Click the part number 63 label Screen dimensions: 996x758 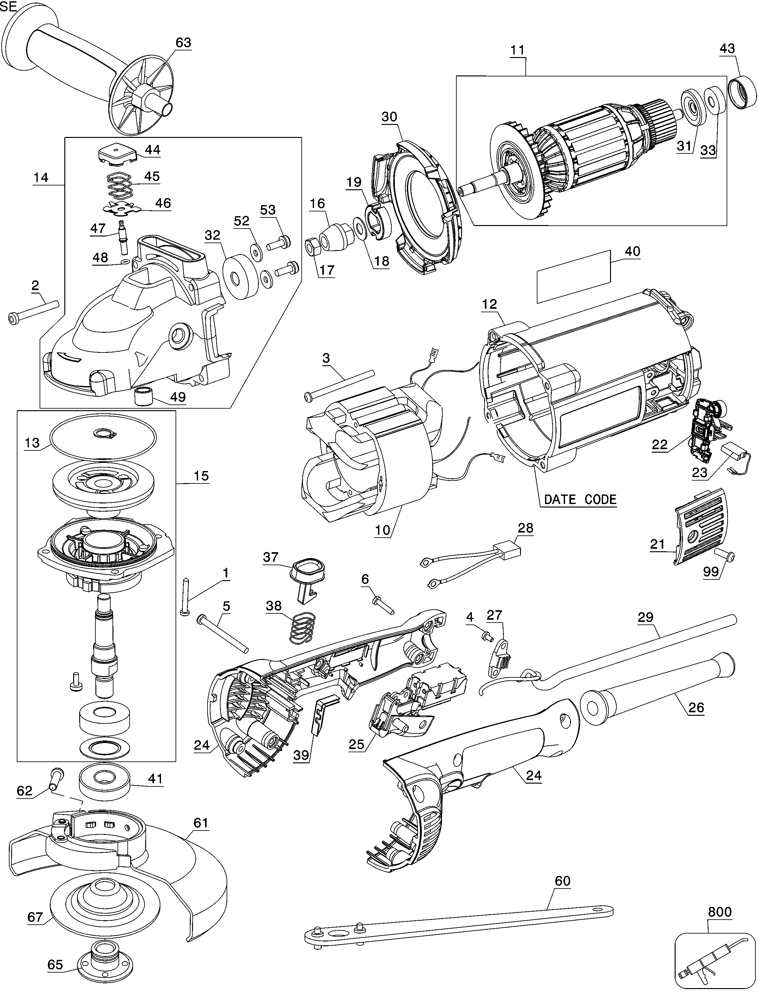pos(183,42)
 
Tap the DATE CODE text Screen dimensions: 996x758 pos(580,500)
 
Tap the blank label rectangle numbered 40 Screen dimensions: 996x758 pos(573,277)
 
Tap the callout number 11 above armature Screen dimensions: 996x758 pos(518,50)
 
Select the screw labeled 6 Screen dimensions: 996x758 pos(383,605)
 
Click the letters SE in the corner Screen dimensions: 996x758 pos(9,6)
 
